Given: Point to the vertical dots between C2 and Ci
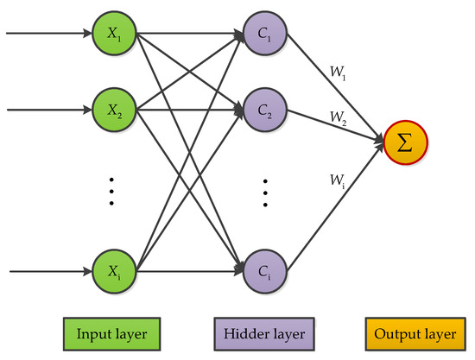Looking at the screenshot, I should click(266, 191).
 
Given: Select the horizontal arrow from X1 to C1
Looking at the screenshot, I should click(190, 35).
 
